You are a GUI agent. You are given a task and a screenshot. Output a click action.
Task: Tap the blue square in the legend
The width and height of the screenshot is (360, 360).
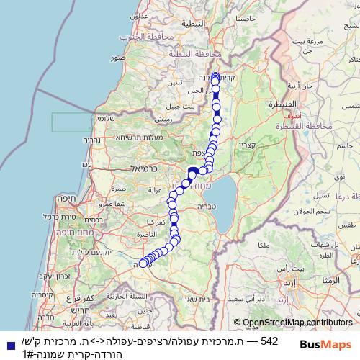tap(8, 344)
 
